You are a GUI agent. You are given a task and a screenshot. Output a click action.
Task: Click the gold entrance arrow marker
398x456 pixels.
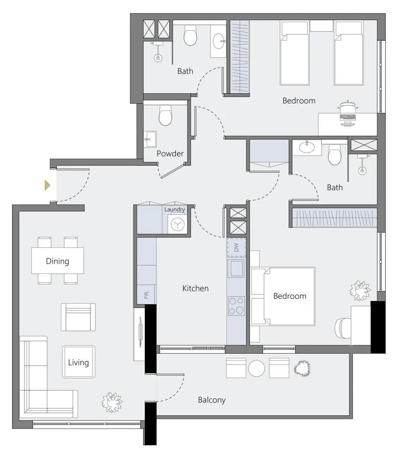point(47,185)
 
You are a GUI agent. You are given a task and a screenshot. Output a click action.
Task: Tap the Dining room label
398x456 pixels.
point(58,261)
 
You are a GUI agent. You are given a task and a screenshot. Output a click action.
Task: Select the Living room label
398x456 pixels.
point(78,362)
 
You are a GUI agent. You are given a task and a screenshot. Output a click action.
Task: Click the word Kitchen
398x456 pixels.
point(195,288)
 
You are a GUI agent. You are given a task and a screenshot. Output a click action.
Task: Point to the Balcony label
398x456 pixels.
point(211,400)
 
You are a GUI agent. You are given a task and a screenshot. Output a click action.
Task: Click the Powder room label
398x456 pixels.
point(170,154)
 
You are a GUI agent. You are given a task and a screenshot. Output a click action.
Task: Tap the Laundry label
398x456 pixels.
point(175,210)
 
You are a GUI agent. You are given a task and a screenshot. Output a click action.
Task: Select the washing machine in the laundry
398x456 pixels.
point(177,224)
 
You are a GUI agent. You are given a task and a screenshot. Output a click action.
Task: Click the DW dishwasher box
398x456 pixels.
point(236,248)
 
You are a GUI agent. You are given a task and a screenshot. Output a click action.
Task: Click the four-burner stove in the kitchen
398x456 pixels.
point(236,306)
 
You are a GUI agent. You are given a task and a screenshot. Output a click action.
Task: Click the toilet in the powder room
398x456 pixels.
point(165,115)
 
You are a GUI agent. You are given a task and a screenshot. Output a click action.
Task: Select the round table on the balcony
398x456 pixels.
point(257,368)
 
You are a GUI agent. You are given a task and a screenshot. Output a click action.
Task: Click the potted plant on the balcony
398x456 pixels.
point(303,368)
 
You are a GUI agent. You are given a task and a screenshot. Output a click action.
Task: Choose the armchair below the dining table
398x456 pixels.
point(78,317)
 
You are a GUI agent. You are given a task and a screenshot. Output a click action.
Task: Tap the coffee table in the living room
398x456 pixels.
point(78,361)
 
